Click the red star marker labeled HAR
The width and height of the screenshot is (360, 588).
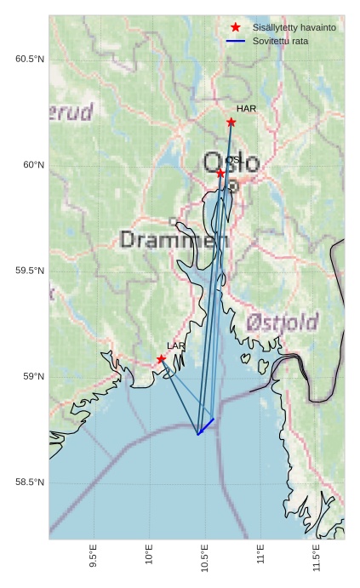[231, 123]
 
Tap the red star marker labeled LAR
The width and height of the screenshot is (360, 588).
[161, 359]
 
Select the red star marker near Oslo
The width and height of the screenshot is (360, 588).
[220, 173]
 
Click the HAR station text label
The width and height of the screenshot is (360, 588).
[246, 109]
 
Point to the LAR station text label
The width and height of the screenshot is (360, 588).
[175, 345]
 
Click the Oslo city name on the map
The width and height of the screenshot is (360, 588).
[231, 162]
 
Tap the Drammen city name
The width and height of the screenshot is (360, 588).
[174, 240]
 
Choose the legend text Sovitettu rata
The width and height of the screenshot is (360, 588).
[274, 41]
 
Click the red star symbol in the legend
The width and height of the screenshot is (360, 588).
[236, 27]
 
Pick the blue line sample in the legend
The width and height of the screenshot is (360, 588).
[236, 41]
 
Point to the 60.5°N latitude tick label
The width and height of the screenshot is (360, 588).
[30, 59]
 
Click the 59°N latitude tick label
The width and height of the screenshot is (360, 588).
[33, 377]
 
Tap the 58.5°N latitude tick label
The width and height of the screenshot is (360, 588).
[30, 482]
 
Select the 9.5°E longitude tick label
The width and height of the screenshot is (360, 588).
[93, 559]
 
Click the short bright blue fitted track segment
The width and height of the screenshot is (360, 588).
[206, 426]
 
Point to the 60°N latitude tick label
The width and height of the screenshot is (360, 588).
[33, 165]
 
